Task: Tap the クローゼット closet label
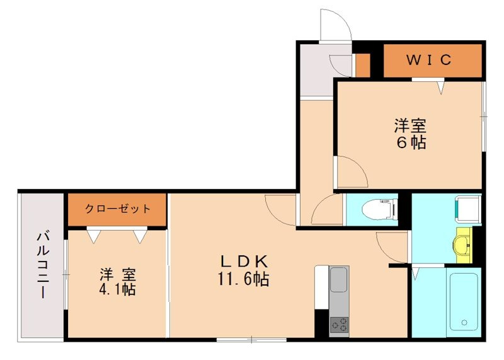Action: point(118,209)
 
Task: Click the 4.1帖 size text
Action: point(117,290)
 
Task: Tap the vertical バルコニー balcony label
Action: point(43,265)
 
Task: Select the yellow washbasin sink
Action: point(464,243)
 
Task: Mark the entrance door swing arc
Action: point(334,25)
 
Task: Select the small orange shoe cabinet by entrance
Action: point(362,65)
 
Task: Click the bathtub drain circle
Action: point(464,323)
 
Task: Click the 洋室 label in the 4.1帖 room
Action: point(117,275)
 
